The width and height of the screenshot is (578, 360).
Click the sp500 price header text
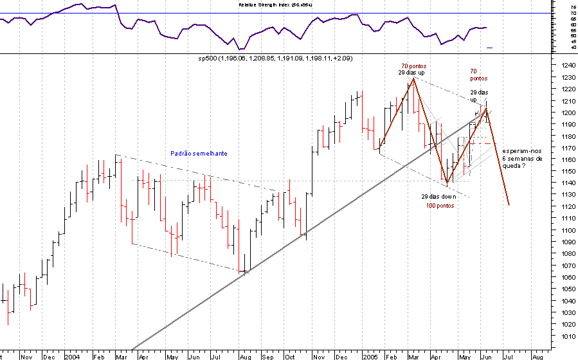click(275, 59)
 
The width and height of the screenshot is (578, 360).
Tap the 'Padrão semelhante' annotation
click(199, 154)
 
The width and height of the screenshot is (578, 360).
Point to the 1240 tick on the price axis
click(566, 66)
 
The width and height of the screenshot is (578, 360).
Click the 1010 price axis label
click(566, 336)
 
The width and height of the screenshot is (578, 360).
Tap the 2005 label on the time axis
click(369, 355)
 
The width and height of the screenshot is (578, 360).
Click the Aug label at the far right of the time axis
click(537, 355)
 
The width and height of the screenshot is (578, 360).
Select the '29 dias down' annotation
click(438, 196)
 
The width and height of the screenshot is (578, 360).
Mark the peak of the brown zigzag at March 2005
click(413, 78)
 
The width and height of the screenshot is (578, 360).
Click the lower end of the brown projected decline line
click(509, 205)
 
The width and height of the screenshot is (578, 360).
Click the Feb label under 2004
click(98, 355)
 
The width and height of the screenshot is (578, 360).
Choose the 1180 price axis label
click(566, 136)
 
